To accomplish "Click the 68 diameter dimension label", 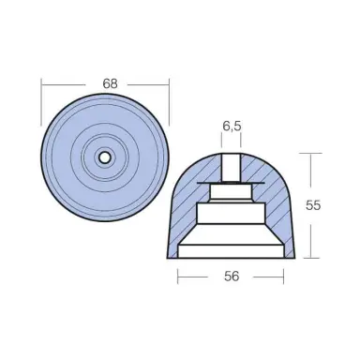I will [x=110, y=83].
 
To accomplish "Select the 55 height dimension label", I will [x=313, y=205].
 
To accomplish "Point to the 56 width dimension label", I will [x=231, y=277].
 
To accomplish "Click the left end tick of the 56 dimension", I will [x=178, y=277].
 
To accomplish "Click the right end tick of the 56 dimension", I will [x=283, y=277].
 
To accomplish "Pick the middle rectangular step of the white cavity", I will [x=231, y=211].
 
